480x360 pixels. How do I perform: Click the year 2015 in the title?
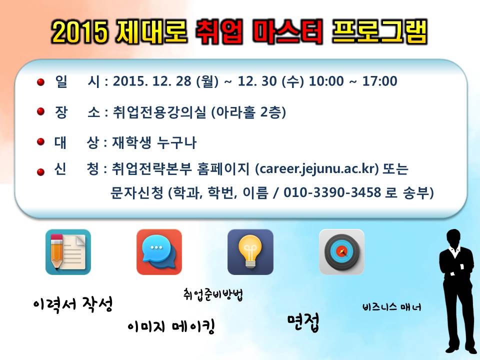tap(80, 32)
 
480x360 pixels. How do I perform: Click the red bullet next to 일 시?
tap(41, 81)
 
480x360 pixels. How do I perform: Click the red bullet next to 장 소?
tap(41, 112)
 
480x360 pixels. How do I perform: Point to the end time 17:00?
tap(377, 81)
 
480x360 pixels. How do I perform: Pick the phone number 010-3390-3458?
tap(340, 193)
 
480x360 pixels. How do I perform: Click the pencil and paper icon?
tap(68, 252)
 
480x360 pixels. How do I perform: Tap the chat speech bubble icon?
tap(159, 252)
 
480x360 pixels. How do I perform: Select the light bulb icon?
tap(250, 252)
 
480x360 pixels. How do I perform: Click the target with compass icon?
tap(341, 252)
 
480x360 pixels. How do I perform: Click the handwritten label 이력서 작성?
tap(72, 303)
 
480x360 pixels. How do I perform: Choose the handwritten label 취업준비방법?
tap(213, 294)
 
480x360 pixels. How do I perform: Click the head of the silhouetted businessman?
tap(453, 238)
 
